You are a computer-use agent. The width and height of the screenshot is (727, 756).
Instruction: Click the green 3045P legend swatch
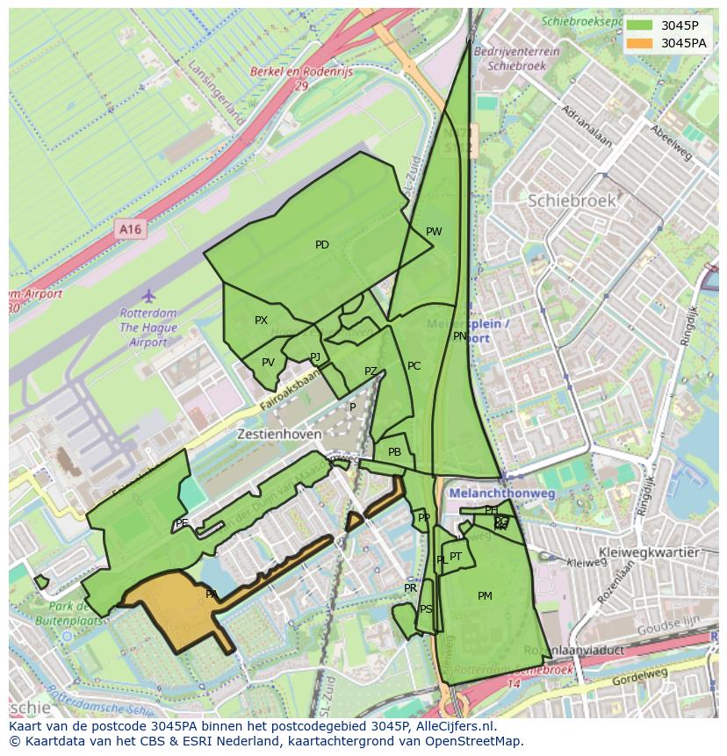coord(640,25)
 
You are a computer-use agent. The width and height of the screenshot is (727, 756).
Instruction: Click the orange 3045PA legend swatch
coord(640,43)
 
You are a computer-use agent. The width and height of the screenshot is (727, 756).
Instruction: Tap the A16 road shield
coord(130,229)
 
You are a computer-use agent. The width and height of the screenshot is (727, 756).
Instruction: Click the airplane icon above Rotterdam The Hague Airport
coord(148,295)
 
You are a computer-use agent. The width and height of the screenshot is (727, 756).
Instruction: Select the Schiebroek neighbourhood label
coord(572,201)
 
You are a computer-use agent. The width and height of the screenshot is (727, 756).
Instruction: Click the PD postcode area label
coord(322,245)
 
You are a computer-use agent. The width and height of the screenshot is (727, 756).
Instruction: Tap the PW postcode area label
coord(434,232)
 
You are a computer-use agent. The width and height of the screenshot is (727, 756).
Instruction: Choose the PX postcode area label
coord(261,320)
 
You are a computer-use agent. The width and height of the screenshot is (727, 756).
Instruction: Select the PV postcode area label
coord(268,363)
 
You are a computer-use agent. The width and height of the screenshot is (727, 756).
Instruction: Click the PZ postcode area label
coord(371,371)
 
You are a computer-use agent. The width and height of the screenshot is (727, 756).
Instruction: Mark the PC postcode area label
coord(414,366)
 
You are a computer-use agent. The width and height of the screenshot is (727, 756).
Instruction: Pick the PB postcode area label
coord(394,452)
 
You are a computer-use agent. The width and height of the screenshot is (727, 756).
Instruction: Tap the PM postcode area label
coord(485,596)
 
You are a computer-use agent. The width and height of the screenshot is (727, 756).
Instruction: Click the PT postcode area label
coord(456,557)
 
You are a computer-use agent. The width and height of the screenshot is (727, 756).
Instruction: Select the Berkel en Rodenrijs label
coord(301,73)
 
